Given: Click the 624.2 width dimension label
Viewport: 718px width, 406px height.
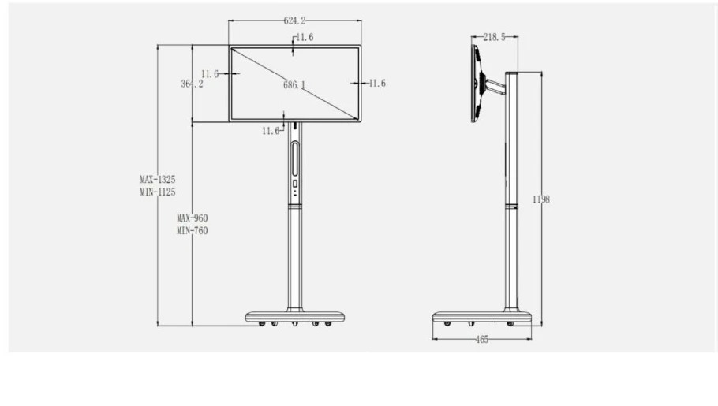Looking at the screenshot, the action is point(294,20).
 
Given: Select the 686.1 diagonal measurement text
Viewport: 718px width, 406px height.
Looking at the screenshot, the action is point(294,84).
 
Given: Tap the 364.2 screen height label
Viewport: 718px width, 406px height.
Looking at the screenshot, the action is point(192,84).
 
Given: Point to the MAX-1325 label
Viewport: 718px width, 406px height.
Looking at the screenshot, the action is point(158,180).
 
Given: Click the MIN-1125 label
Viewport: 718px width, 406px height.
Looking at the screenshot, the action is point(158,192).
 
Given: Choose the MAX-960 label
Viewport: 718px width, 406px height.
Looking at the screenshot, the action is point(193,218).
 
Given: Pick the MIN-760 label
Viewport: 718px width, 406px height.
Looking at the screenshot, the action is point(193,231).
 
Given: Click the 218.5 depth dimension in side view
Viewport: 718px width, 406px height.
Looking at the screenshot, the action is point(494,37).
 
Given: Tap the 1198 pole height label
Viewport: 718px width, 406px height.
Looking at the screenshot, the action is point(540,199).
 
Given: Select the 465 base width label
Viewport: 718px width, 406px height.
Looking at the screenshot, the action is point(482,340).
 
